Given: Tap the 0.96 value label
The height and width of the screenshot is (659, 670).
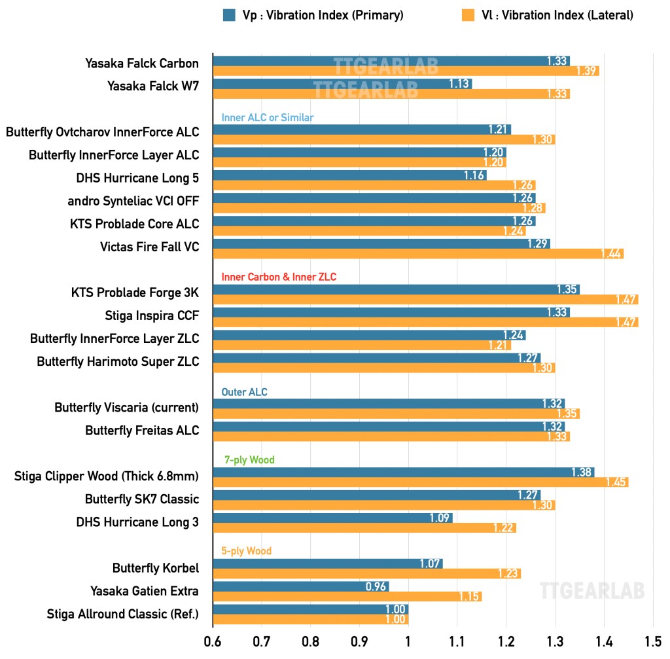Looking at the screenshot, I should (376, 586).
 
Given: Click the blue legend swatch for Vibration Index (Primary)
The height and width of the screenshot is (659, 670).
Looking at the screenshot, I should (229, 15).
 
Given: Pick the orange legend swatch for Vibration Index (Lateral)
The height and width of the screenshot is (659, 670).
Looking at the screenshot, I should (468, 15).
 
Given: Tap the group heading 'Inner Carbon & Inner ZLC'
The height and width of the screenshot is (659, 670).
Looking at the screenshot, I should (279, 277).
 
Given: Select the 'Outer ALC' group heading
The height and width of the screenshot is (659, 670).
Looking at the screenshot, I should (245, 392).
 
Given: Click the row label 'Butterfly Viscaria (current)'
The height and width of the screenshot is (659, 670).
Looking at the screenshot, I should (126, 408).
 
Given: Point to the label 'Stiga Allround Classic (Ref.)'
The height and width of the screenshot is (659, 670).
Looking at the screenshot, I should (122, 614).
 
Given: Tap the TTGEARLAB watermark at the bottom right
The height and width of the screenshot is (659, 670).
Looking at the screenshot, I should (592, 590).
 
